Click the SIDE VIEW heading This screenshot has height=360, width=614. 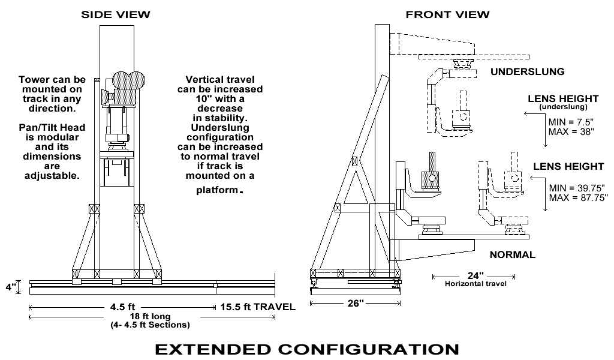coord(116,14)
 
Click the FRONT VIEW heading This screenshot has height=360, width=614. coord(447,14)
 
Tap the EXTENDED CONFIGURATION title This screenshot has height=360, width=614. coord(307,348)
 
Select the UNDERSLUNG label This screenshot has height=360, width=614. coord(528,71)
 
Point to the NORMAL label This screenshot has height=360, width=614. coord(513,254)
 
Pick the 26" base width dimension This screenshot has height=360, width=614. coord(356,304)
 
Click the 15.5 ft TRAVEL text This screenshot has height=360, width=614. coord(258,307)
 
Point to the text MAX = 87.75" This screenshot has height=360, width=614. coord(579,196)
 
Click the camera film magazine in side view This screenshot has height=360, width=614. coord(126,81)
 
